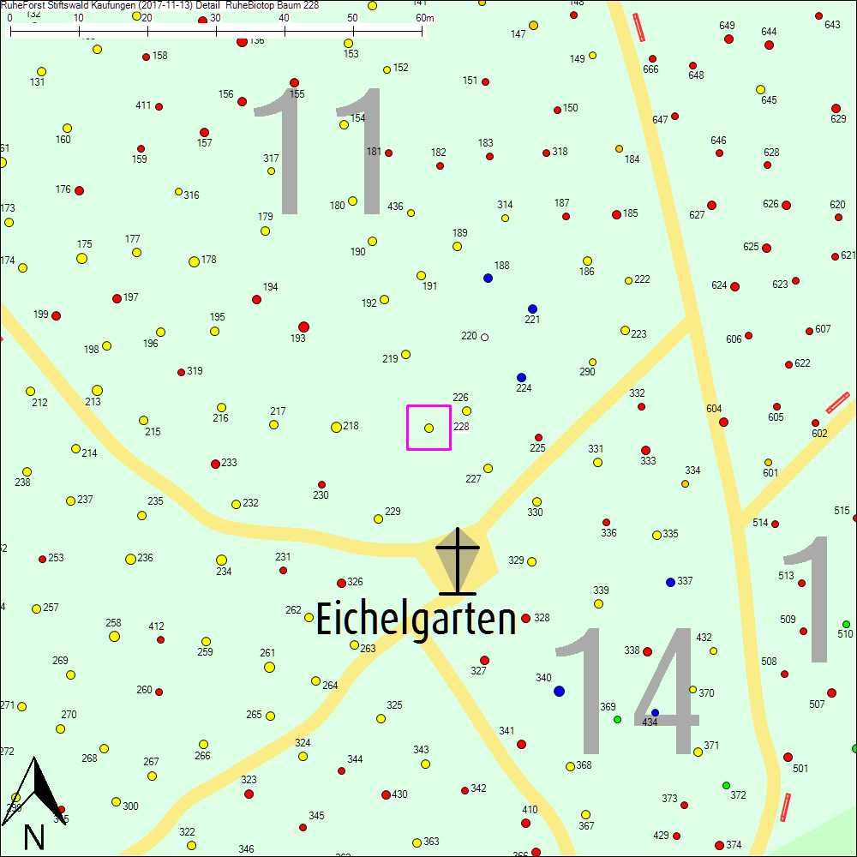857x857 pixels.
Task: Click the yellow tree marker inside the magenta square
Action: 429,428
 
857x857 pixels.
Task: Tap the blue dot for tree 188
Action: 488,278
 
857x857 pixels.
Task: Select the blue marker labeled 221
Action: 532,309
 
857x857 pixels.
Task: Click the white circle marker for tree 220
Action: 485,337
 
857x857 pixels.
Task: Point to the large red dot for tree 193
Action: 303,327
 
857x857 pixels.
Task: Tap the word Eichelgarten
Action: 417,620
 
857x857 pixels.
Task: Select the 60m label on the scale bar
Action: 425,18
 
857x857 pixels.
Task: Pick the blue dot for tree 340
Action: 560,691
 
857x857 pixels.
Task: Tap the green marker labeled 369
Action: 617,719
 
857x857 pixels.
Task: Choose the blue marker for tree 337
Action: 670,582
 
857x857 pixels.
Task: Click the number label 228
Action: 461,426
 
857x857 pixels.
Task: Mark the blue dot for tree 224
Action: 521,377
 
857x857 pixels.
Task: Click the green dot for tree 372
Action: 726,785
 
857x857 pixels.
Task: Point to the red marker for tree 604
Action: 723,422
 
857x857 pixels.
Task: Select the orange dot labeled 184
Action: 619,149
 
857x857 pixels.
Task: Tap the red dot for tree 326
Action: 341,583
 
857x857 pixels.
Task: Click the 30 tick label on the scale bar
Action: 214,18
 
